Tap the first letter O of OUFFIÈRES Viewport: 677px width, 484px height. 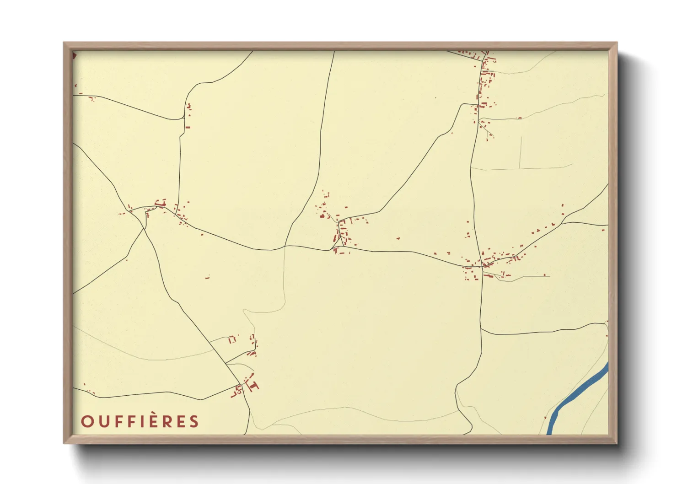(87, 421)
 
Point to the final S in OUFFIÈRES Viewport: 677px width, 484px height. (194, 421)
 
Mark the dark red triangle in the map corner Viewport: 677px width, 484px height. (74, 55)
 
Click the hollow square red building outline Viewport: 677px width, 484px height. (232, 339)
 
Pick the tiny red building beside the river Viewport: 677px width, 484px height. (545, 417)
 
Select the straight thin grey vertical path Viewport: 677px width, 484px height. (521, 152)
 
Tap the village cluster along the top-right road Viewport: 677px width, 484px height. (484, 85)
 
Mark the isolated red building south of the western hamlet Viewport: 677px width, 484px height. (207, 277)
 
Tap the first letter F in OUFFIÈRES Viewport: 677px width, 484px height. (117, 421)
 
